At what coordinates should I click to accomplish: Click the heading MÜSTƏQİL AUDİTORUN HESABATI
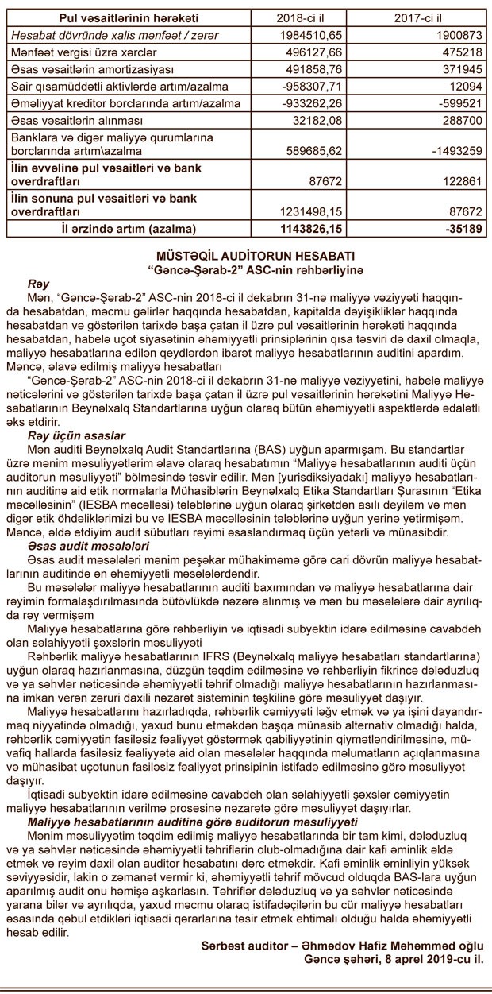click(245, 257)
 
